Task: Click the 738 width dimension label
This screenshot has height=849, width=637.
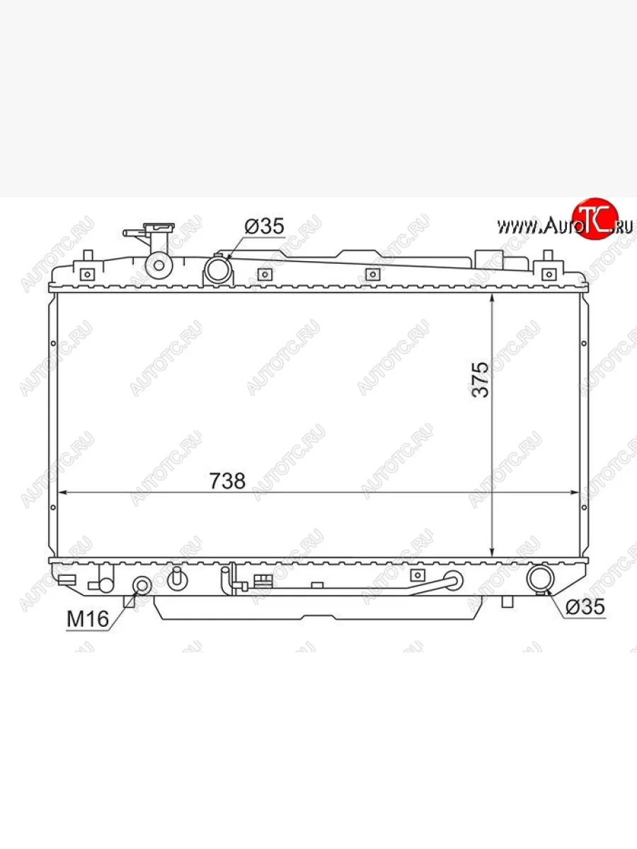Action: click(227, 481)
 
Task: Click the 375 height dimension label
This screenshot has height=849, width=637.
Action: click(481, 379)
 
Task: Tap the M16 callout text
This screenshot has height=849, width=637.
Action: click(88, 619)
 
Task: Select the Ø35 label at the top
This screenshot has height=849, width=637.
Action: click(265, 226)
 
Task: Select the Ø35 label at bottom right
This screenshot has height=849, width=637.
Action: click(585, 606)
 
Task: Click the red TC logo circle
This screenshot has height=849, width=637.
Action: click(595, 219)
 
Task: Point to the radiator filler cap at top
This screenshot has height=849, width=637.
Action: click(159, 226)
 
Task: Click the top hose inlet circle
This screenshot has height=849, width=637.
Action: click(218, 270)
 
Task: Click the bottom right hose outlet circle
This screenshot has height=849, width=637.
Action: click(540, 579)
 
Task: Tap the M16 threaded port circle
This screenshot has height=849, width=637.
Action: click(142, 586)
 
